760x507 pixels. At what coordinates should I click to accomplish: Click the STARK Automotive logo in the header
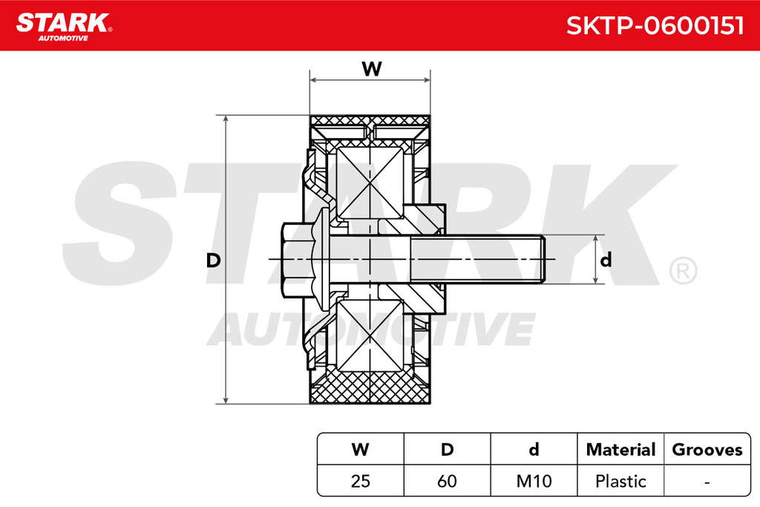pyautogui.click(x=64, y=27)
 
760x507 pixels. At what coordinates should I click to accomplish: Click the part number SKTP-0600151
pyautogui.click(x=655, y=25)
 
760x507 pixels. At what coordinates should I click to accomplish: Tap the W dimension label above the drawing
pyautogui.click(x=372, y=69)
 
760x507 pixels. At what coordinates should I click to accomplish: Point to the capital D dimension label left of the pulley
pyautogui.click(x=213, y=261)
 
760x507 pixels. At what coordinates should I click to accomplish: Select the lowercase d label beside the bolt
pyautogui.click(x=606, y=260)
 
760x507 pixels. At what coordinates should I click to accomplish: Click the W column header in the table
pyautogui.click(x=360, y=449)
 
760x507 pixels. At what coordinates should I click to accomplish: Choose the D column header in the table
pyautogui.click(x=447, y=449)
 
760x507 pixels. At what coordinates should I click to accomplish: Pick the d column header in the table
pyautogui.click(x=534, y=449)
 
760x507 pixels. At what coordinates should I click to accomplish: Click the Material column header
pyautogui.click(x=620, y=449)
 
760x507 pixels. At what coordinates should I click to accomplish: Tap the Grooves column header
pyautogui.click(x=707, y=449)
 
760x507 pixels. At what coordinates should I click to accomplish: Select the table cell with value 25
pyautogui.click(x=360, y=481)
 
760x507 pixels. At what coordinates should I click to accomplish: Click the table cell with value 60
pyautogui.click(x=447, y=481)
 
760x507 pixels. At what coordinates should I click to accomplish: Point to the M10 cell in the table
pyautogui.click(x=534, y=481)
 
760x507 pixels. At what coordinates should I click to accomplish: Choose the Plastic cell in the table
pyautogui.click(x=620, y=481)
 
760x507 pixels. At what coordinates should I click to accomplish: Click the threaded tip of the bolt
pyautogui.click(x=542, y=260)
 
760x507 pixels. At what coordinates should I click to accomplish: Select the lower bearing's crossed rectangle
pyautogui.click(x=370, y=336)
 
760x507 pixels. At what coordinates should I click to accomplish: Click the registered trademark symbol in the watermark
pyautogui.click(x=683, y=271)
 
